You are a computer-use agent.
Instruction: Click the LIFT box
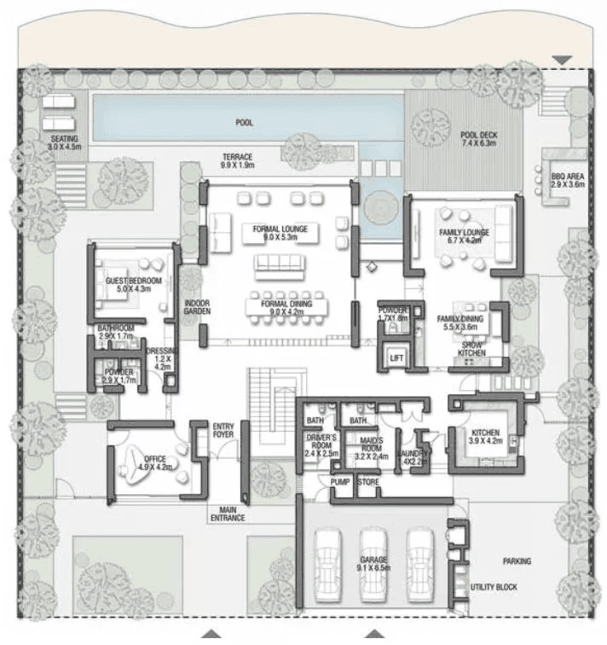pyautogui.click(x=396, y=358)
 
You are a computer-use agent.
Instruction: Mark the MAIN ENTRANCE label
pyautogui.click(x=228, y=514)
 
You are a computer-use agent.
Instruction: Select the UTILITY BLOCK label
pyautogui.click(x=494, y=587)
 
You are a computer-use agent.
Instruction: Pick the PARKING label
pyautogui.click(x=517, y=561)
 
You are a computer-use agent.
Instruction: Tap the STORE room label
pyautogui.click(x=367, y=483)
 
